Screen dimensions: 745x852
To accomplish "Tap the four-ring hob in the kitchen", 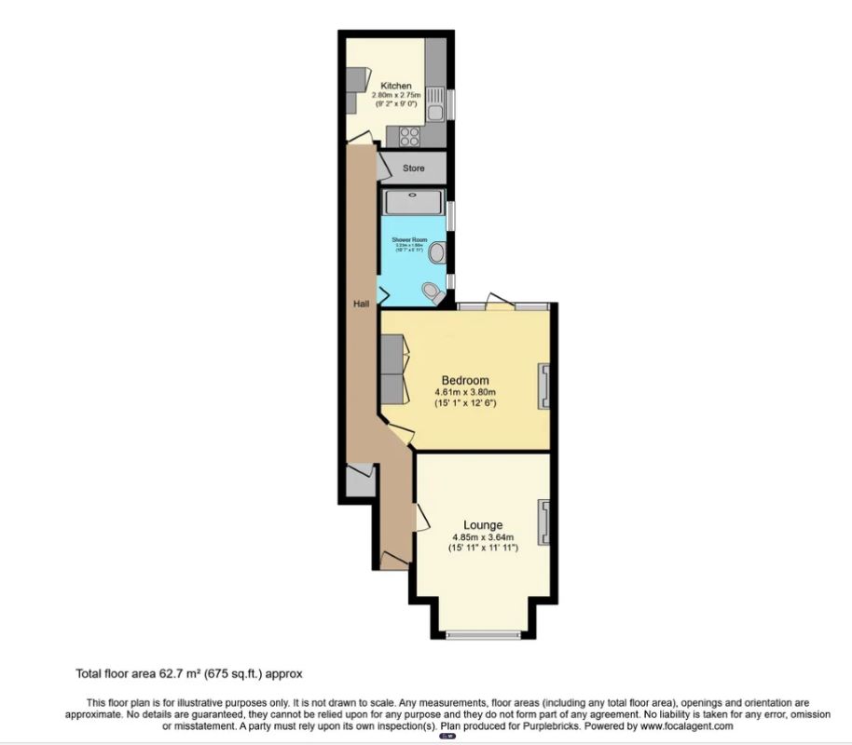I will click(x=410, y=136).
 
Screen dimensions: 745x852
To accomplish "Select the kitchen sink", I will click(x=435, y=113).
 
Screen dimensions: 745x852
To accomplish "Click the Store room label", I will click(x=413, y=169).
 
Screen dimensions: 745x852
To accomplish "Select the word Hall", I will click(x=361, y=305).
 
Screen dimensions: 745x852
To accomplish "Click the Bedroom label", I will click(x=465, y=380).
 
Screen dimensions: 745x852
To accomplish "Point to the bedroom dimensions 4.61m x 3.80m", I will click(x=465, y=392).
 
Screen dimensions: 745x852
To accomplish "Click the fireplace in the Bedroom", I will click(x=543, y=386).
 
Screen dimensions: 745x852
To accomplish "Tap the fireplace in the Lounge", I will click(x=543, y=521).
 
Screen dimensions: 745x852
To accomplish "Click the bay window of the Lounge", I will click(x=482, y=635).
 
